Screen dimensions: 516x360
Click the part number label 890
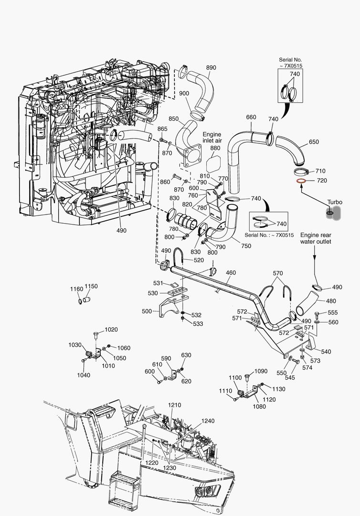(211, 67)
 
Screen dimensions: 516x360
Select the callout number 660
(251, 117)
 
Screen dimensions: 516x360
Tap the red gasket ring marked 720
(301, 181)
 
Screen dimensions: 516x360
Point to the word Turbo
(335, 202)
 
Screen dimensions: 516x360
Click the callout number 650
(314, 142)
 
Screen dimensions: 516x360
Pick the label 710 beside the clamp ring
(320, 171)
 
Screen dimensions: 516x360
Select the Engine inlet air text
(212, 138)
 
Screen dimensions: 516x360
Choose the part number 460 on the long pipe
(231, 273)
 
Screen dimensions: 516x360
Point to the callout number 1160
(76, 289)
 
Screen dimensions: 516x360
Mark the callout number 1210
(174, 405)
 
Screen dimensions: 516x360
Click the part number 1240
(208, 421)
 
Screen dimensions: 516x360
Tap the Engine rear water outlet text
(316, 238)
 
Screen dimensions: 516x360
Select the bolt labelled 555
(319, 314)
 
